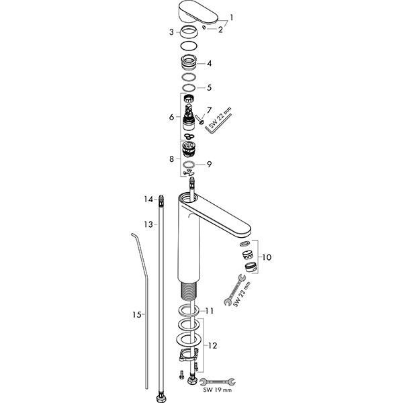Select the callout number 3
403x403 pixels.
[x=171, y=32]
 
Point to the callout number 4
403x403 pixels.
[x=210, y=64]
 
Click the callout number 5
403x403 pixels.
[x=210, y=87]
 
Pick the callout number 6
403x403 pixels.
[x=171, y=117]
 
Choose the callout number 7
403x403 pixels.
[x=209, y=109]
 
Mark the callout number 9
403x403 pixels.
[x=209, y=164]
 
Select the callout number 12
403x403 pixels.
[x=213, y=345]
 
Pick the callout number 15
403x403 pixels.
[x=136, y=314]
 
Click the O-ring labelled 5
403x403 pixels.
[x=189, y=87]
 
